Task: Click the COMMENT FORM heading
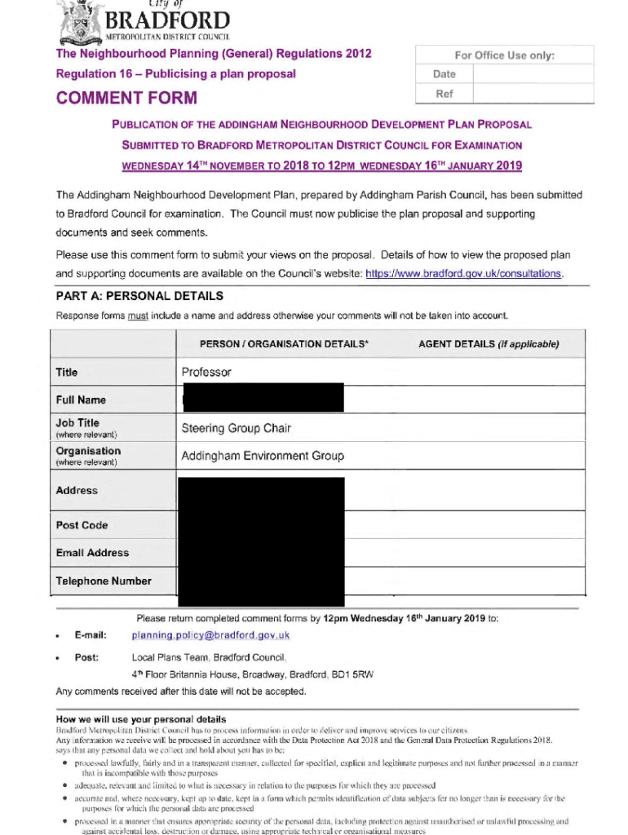coord(126,99)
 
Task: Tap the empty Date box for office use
coord(533,73)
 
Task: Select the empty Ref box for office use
coord(533,94)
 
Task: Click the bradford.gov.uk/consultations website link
coord(464,274)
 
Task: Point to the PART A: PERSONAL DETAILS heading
coord(139,296)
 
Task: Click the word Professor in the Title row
coord(206,373)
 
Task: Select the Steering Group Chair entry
coord(236,428)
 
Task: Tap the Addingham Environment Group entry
coord(263,456)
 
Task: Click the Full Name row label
coord(81,400)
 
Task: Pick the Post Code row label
coord(82,525)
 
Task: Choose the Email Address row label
coord(92,553)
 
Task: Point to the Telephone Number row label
coord(104,581)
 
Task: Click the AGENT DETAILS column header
coord(489,344)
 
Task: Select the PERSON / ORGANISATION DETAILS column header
coord(284,344)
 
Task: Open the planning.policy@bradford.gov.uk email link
coord(210,635)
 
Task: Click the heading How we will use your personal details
coord(140,719)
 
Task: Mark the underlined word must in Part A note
coord(138,316)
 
